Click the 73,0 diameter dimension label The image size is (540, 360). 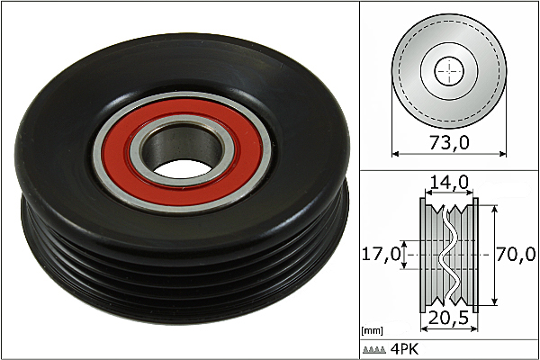coord(449,142)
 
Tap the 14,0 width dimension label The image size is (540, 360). coord(449,182)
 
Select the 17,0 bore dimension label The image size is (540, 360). coord(382,254)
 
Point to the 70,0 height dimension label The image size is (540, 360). coord(516,254)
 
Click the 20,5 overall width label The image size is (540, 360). coord(449,318)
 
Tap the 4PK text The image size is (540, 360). coord(405,349)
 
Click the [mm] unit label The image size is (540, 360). coord(372,331)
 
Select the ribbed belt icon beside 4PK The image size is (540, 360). coord(374,350)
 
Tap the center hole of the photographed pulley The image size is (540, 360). coord(182,169)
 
